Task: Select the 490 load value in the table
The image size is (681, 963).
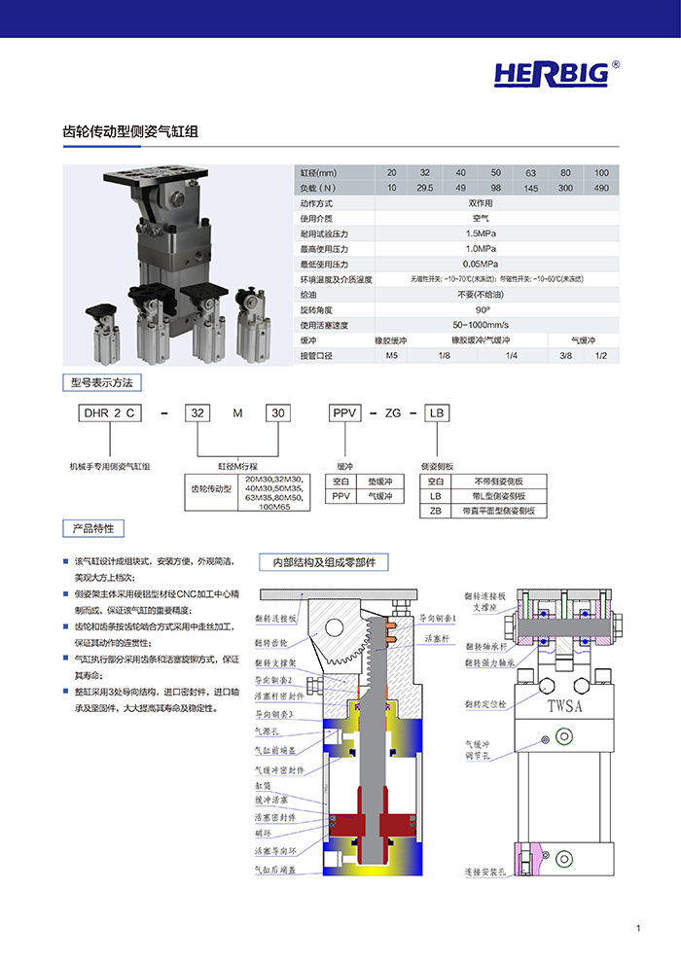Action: point(601,188)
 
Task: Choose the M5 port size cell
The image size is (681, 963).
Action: point(391,355)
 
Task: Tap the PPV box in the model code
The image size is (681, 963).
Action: point(345,413)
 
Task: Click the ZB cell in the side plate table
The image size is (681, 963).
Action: point(436,511)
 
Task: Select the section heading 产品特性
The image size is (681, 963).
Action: point(93,528)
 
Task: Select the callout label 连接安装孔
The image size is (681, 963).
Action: point(484,873)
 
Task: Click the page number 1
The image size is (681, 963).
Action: point(638,929)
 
